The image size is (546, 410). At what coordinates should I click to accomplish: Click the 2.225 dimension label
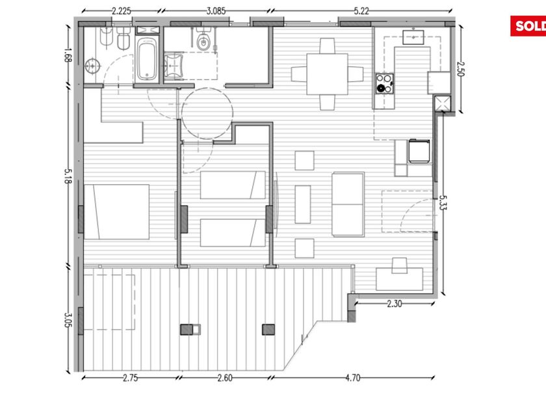[121, 11]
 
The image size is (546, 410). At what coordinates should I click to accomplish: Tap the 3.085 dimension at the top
[216, 11]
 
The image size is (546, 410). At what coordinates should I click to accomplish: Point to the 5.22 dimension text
[361, 11]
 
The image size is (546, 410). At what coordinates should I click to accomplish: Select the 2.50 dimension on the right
[461, 69]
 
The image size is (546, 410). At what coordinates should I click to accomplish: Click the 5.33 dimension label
[443, 202]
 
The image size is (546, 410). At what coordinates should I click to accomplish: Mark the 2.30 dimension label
[394, 304]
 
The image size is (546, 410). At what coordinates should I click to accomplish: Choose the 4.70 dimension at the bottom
[353, 378]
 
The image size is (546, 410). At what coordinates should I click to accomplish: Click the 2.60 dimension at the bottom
[225, 378]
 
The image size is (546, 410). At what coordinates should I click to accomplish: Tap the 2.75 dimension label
[130, 378]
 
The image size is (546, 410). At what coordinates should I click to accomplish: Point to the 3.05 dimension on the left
[68, 320]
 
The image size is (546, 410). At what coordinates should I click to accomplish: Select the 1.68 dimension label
[68, 55]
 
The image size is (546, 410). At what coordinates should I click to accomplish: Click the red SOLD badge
[528, 26]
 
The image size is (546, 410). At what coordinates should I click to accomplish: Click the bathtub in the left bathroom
[147, 59]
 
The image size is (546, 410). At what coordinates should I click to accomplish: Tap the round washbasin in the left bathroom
[92, 66]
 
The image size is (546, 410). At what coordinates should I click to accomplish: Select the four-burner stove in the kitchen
[384, 83]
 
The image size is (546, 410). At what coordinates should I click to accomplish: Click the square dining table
[327, 74]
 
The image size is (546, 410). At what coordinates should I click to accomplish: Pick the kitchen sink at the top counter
[413, 37]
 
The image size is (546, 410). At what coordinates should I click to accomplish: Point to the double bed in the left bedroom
[116, 212]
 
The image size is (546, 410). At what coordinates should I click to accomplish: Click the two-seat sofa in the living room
[348, 204]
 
